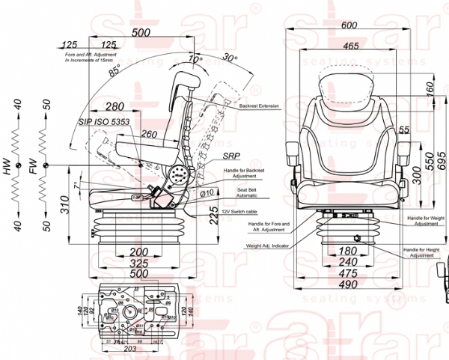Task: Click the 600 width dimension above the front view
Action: coord(349,24)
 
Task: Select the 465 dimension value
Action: coord(349,46)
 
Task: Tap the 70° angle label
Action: coord(195,59)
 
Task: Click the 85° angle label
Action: coord(113,73)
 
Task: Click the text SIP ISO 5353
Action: coord(104,120)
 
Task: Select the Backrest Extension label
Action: coord(259,106)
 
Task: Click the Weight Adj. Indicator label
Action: coord(265,245)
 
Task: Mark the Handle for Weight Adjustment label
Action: coord(424,220)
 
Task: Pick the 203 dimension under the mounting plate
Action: coord(128,349)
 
